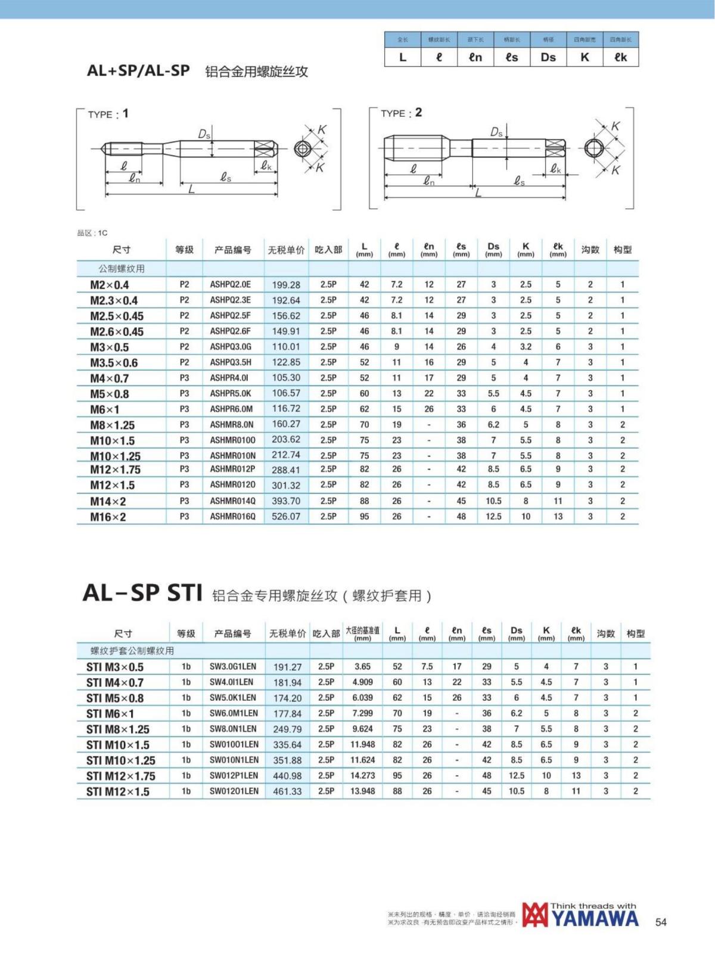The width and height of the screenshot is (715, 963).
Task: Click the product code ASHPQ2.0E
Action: tap(230, 285)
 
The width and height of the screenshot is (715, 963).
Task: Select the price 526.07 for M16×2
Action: tap(286, 517)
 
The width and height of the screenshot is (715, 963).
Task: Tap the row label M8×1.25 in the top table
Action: tap(113, 425)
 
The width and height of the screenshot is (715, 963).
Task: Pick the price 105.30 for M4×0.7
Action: tap(286, 378)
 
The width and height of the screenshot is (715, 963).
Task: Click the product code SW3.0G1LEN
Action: tap(233, 667)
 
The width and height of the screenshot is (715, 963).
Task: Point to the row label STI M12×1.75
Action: tap(121, 776)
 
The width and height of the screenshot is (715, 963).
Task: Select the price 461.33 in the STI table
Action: tap(287, 791)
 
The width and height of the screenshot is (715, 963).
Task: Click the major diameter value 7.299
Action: tap(362, 713)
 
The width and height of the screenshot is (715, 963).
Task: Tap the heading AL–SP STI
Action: tap(143, 593)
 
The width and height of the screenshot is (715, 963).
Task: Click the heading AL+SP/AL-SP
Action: tap(138, 70)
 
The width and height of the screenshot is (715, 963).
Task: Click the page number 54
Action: tap(661, 922)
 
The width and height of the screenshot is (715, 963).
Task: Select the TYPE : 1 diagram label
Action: tap(108, 114)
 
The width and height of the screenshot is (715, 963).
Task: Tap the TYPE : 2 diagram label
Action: tap(401, 113)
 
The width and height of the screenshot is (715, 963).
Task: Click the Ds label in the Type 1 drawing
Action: tap(204, 135)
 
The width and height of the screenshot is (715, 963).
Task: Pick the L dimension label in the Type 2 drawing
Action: tap(478, 193)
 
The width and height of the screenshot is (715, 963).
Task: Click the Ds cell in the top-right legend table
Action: tap(548, 57)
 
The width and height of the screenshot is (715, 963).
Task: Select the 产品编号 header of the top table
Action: tap(233, 250)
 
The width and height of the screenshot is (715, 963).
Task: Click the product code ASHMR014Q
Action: tap(232, 501)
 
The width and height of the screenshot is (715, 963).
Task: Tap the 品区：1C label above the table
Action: tap(92, 233)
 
